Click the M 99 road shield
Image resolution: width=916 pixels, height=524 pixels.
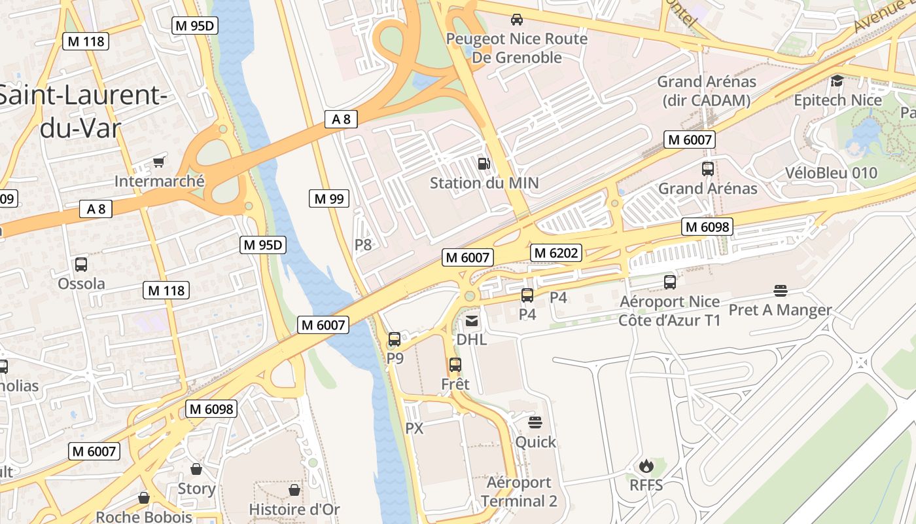[x=329, y=198]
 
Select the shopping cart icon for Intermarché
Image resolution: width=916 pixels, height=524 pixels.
[x=158, y=162]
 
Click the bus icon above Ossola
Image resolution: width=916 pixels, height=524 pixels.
[x=81, y=265]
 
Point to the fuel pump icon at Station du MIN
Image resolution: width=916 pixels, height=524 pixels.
[x=484, y=163]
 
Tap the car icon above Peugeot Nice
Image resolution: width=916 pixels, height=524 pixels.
[x=517, y=20]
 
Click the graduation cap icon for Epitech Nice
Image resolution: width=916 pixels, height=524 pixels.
[x=837, y=81]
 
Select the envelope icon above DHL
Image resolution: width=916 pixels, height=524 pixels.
[x=472, y=321]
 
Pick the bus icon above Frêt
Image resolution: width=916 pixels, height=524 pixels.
[x=455, y=365]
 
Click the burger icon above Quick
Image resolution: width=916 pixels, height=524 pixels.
[x=535, y=422]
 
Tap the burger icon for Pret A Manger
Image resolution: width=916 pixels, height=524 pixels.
[x=780, y=290]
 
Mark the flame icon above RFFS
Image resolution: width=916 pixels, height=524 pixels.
[x=646, y=466]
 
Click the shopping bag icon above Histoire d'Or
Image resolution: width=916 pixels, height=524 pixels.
[x=294, y=490]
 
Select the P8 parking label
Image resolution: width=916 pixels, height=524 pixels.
[x=363, y=245]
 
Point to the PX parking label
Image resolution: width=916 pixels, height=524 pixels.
[x=415, y=428]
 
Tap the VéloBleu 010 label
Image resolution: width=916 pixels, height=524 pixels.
[x=831, y=173]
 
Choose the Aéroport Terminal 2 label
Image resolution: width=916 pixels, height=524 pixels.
[x=519, y=492]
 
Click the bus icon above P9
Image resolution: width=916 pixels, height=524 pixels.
[x=395, y=339]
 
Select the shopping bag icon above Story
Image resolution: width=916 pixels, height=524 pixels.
[x=196, y=469]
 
